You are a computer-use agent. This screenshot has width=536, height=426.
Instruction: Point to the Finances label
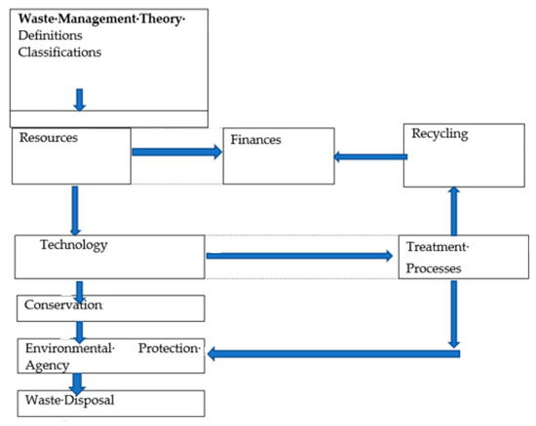[x=256, y=140]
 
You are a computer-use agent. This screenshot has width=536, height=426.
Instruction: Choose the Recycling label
[x=440, y=134]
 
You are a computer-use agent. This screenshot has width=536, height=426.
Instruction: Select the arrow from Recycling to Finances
[x=368, y=155]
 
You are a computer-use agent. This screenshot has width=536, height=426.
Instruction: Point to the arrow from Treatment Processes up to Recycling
[x=452, y=211]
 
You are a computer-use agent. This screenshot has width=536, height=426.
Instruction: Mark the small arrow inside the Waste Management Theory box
[x=80, y=98]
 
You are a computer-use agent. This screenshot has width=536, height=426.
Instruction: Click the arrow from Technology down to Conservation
[x=79, y=289]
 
